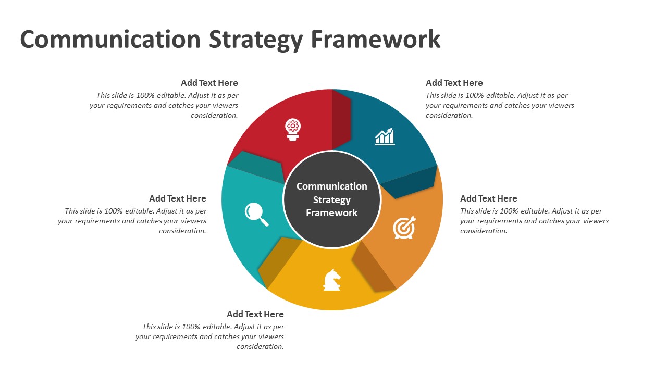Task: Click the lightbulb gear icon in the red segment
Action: tap(293, 130)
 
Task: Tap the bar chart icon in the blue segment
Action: tap(385, 137)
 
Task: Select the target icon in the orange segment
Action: tap(404, 228)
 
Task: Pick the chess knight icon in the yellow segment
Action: tap(332, 280)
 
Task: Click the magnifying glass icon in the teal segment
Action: tap(257, 214)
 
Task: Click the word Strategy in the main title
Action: tap(256, 40)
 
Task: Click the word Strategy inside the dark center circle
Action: tap(332, 200)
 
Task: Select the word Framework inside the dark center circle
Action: tap(332, 213)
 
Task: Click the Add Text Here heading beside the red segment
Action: tap(209, 83)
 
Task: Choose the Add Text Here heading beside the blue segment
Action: tap(454, 83)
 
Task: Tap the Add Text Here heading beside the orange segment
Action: tap(489, 198)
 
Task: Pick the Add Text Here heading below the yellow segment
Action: tap(255, 314)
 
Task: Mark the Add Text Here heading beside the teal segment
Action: tap(178, 198)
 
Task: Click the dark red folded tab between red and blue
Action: tap(341, 119)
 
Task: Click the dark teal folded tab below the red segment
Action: tap(256, 167)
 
